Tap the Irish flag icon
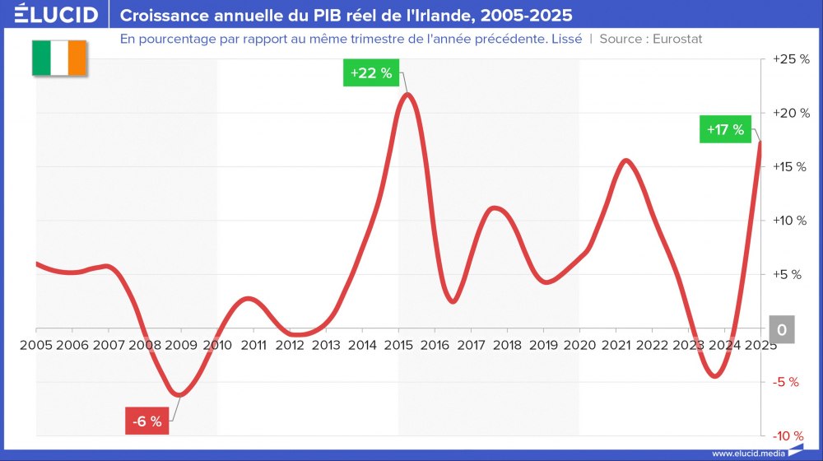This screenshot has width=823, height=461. coord(59,58)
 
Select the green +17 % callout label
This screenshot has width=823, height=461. coord(725,129)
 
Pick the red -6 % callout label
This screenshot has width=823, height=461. coord(148,421)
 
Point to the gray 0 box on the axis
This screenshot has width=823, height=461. coord(782,330)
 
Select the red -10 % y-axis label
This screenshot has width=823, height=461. coord(788,435)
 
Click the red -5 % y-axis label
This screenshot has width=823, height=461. coord(788,382)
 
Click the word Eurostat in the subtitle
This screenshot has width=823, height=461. coord(677,39)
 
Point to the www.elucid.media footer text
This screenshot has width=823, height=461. coord(746,453)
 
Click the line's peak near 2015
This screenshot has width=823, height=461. coord(407,94)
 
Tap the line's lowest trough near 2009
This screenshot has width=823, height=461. coord(179,394)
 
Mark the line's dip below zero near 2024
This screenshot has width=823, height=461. coord(714,376)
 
